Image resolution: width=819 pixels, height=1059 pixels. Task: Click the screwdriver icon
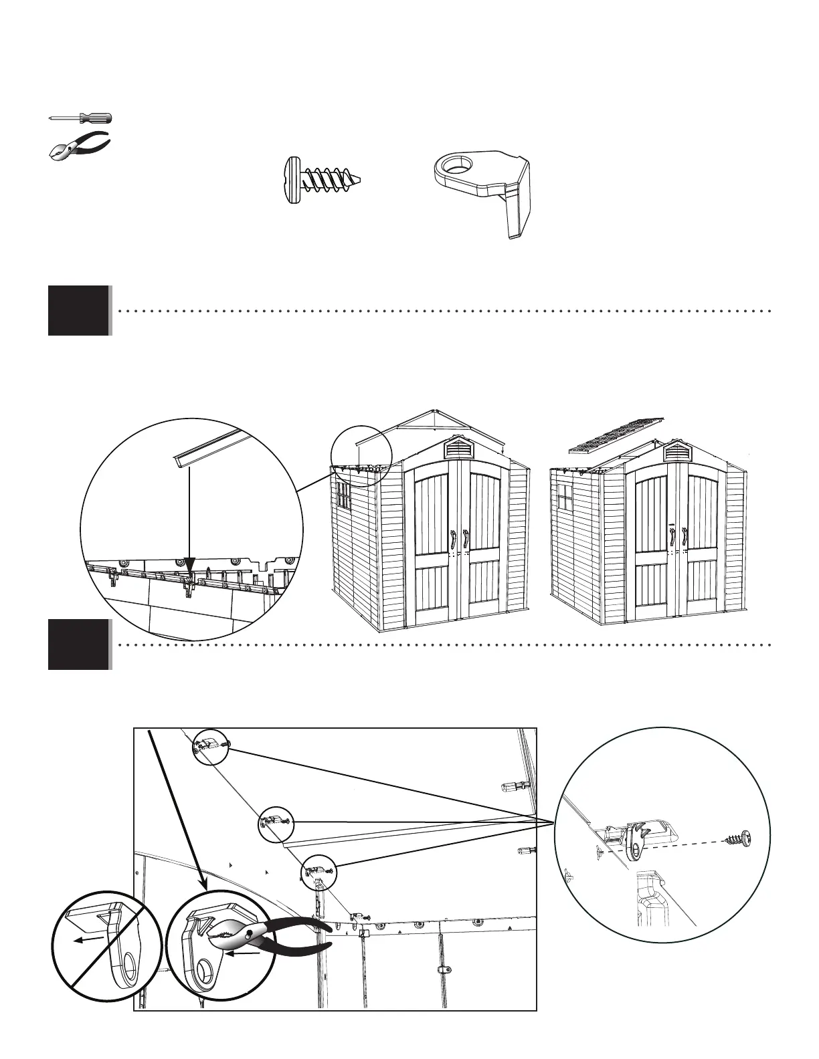click(80, 118)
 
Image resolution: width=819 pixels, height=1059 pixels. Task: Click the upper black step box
click(78, 310)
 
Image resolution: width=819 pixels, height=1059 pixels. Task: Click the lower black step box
click(78, 644)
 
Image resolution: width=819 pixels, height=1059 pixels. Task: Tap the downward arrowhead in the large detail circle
click(190, 566)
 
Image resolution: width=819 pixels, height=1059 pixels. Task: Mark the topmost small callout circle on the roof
click(211, 745)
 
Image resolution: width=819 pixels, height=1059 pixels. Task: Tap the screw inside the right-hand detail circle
click(737, 839)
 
